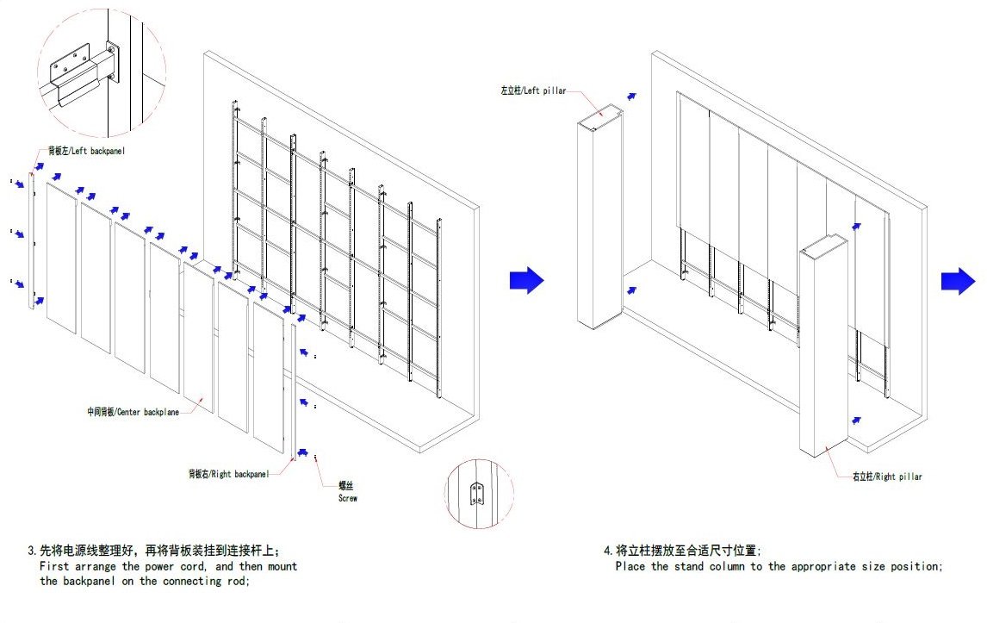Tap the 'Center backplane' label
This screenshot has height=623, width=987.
pyautogui.click(x=133, y=412)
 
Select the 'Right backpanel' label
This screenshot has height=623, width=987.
pyautogui.click(x=229, y=474)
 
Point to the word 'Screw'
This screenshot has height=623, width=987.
pyautogui.click(x=347, y=498)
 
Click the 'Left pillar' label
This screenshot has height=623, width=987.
pyautogui.click(x=533, y=90)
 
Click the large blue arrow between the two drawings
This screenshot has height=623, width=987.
pyautogui.click(x=526, y=279)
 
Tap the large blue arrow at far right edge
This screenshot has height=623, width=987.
pyautogui.click(x=957, y=281)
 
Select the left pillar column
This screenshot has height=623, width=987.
pyautogui.click(x=599, y=224)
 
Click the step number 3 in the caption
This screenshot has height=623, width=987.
pyautogui.click(x=32, y=550)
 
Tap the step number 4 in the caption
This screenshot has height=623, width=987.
pyautogui.click(x=607, y=550)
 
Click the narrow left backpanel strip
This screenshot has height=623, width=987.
pyautogui.click(x=33, y=241)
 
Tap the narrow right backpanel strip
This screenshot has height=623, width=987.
pyautogui.click(x=294, y=392)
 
